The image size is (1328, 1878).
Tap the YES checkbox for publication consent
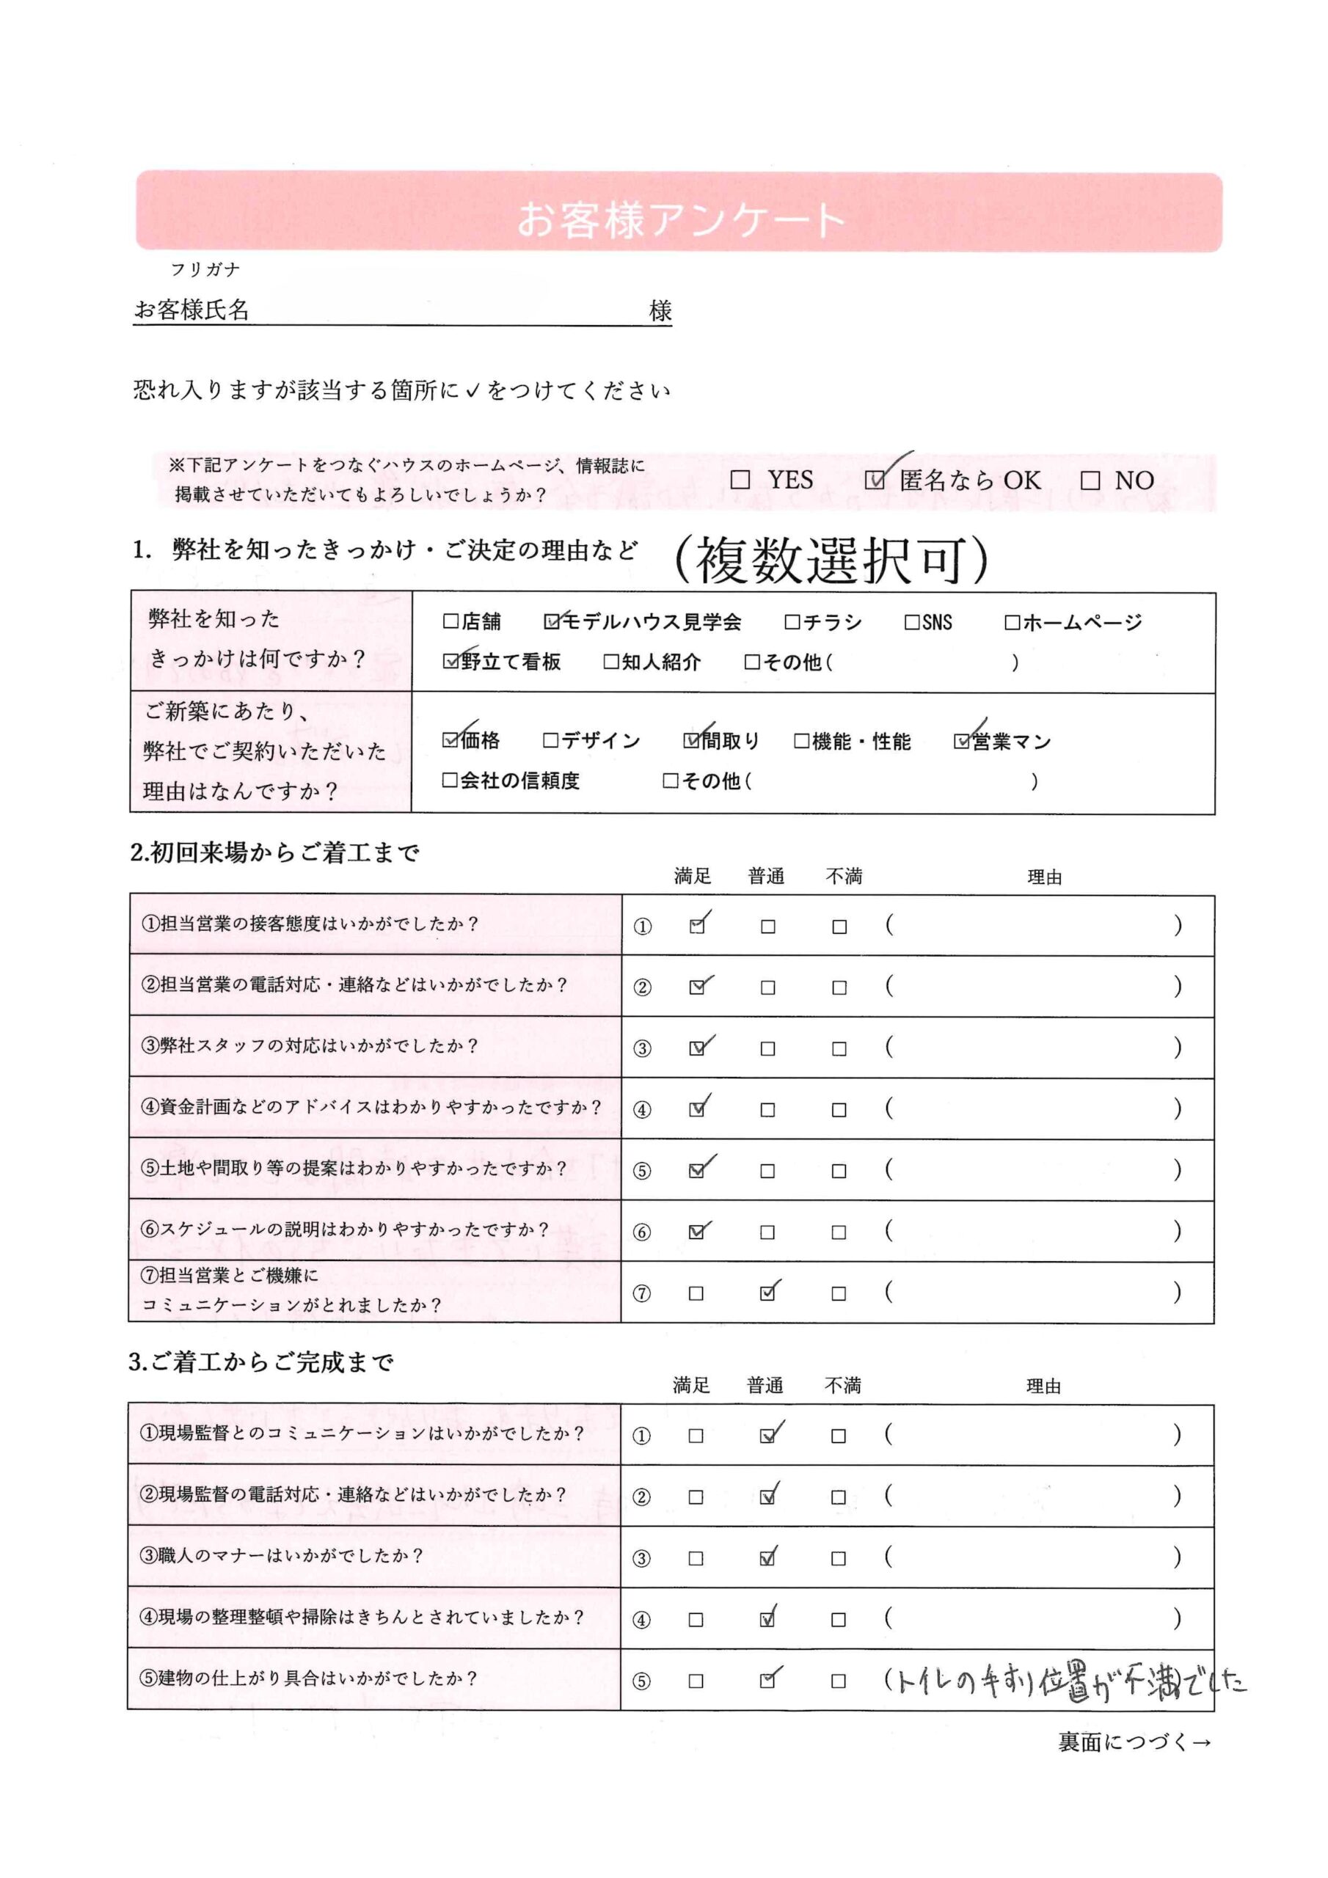[x=740, y=480]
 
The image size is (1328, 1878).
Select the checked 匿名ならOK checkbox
[x=875, y=480]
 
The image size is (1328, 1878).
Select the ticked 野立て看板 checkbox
[x=450, y=662]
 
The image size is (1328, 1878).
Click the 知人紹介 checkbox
[x=610, y=662]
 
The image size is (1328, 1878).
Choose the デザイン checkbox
[x=551, y=740]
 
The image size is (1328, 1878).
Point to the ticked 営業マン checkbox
[x=961, y=741]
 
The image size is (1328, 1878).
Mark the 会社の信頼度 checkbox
[x=450, y=781]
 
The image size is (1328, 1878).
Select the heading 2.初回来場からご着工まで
[x=275, y=853]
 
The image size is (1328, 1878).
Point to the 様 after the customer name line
[x=660, y=310]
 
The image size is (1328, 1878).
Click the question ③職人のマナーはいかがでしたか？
[x=283, y=1555]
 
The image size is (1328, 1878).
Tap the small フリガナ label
[x=205, y=269]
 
